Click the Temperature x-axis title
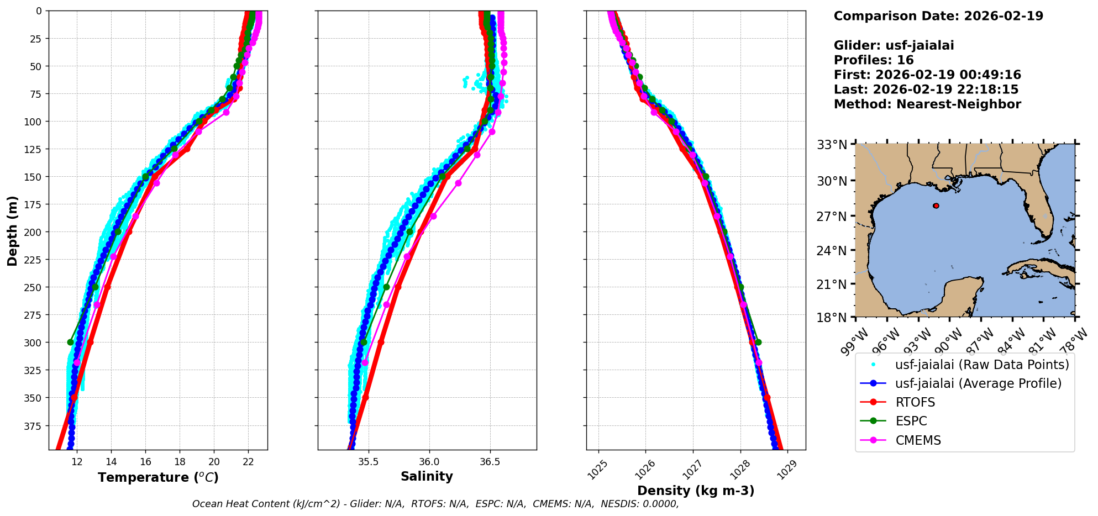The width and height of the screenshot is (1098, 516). tap(158, 477)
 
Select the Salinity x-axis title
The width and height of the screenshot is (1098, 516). tap(427, 476)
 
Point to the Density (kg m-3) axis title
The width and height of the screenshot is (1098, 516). tap(696, 491)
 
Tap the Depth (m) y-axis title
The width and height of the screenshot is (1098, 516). tap(13, 230)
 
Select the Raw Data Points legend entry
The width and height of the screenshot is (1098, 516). tap(981, 365)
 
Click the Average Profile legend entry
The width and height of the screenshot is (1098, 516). tap(978, 383)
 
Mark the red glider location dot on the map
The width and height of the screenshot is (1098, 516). tap(936, 206)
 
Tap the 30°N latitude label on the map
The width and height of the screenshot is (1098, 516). tap(832, 181)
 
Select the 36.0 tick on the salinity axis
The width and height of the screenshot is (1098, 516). tap(429, 462)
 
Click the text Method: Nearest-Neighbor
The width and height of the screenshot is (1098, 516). tap(927, 104)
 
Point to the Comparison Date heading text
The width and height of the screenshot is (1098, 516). tap(938, 16)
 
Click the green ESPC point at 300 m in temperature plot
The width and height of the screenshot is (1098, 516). tap(70, 342)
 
